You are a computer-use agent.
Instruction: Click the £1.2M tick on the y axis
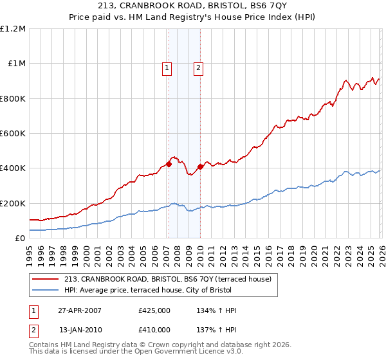click(x=13, y=29)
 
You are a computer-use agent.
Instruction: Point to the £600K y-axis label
click(x=13, y=134)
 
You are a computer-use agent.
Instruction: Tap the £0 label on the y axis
click(x=21, y=238)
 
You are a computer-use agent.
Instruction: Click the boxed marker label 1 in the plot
click(x=167, y=67)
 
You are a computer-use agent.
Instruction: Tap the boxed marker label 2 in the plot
click(x=198, y=67)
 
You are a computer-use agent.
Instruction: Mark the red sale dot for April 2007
click(x=169, y=164)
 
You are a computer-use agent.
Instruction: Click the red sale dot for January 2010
click(x=199, y=166)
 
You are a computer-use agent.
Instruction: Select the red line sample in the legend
click(x=46, y=279)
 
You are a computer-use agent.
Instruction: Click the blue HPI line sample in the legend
click(x=46, y=290)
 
